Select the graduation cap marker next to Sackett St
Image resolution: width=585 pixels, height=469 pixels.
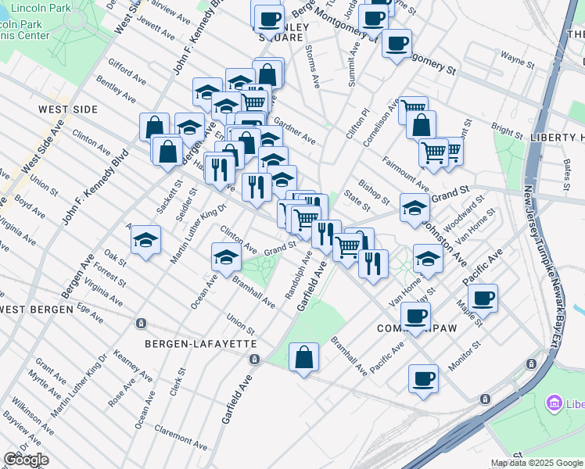145,242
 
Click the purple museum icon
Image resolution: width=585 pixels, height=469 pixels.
554,403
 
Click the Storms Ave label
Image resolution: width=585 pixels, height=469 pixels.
313,66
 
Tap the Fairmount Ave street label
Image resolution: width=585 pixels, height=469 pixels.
405,175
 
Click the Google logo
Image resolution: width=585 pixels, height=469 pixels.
26,459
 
